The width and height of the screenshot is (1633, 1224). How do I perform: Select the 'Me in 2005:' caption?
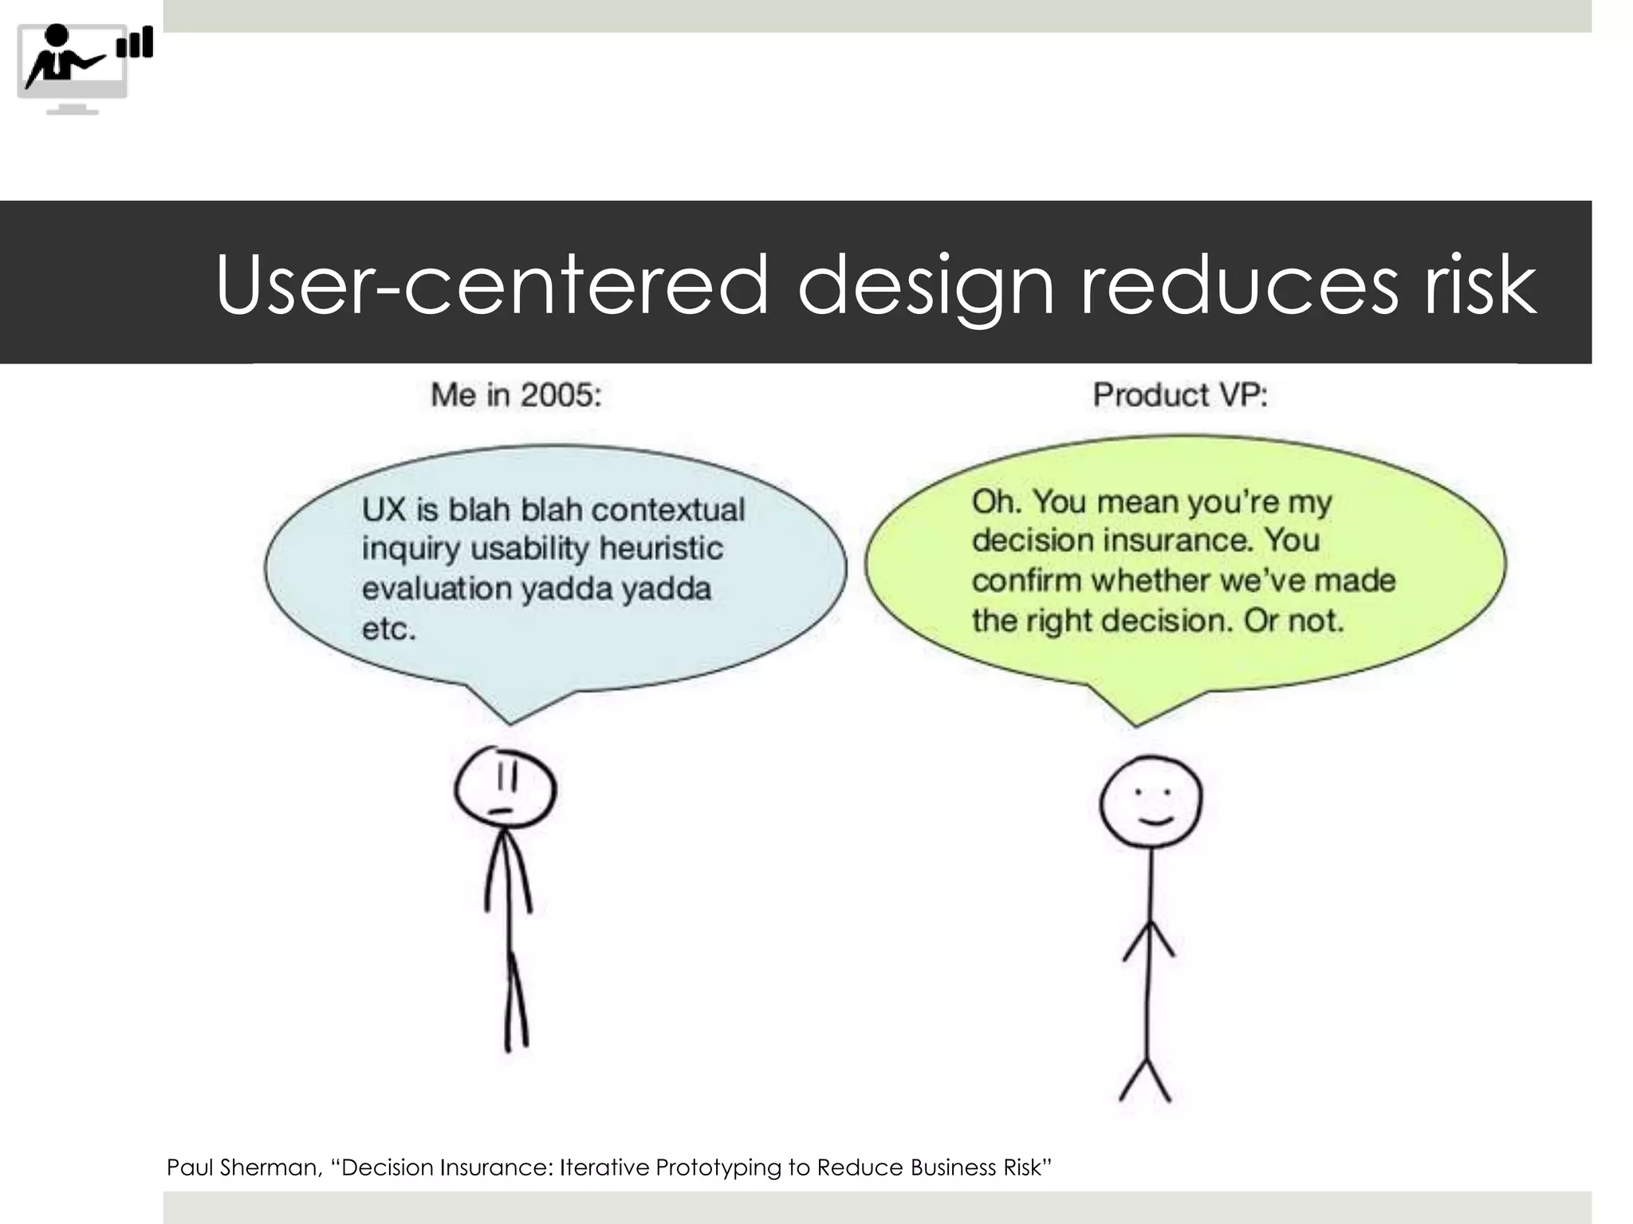point(516,395)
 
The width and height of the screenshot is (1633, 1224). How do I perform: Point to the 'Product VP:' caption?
point(1179,395)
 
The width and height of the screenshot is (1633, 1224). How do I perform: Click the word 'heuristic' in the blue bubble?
point(661,548)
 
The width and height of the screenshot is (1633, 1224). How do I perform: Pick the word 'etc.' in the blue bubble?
point(388,629)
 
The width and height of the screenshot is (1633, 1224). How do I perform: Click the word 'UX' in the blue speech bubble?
point(384,509)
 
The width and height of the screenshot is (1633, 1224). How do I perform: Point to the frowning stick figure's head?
point(505,789)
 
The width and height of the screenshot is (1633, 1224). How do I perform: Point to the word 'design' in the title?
point(925,284)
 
